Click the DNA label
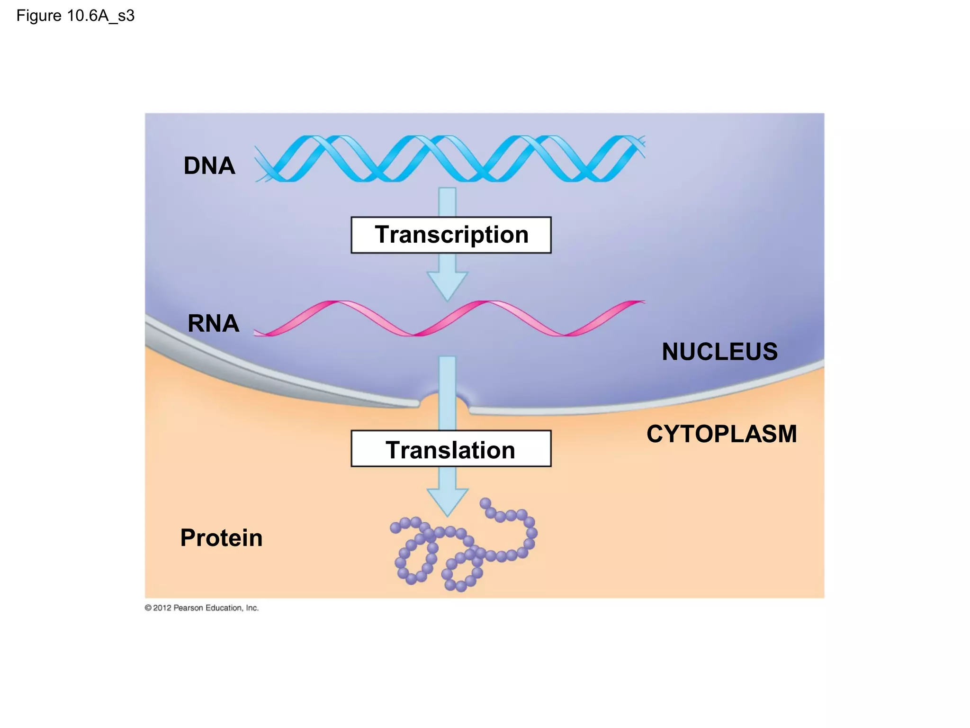(209, 166)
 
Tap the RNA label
(213, 323)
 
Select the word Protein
(221, 538)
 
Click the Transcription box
(451, 235)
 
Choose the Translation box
(451, 449)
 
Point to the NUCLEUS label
(719, 352)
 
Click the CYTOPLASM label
(721, 434)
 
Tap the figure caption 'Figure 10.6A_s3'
(75, 16)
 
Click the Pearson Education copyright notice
(202, 608)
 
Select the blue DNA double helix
(450, 158)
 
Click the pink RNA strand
(450, 318)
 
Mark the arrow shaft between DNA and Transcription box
(447, 202)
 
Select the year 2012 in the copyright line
(162, 608)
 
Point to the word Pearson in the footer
(188, 608)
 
